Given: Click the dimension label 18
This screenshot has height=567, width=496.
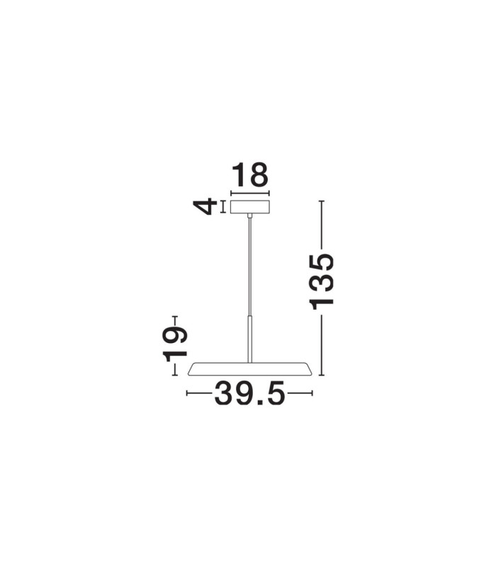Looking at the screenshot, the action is (x=250, y=175).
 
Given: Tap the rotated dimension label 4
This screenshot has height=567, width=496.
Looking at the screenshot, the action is (x=205, y=207).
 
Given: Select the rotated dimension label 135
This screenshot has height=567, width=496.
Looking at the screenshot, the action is (x=322, y=281).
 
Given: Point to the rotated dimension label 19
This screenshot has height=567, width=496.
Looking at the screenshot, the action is (x=175, y=344).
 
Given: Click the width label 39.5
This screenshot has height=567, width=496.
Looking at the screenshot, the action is (x=250, y=393).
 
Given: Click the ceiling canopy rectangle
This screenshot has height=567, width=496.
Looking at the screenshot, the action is (x=250, y=207).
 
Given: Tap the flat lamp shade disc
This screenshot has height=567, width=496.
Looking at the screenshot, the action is (x=250, y=369).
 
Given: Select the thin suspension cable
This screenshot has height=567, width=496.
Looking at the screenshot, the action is (x=250, y=266).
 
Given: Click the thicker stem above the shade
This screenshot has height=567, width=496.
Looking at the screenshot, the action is (x=250, y=339).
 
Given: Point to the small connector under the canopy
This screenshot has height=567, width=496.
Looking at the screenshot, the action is (x=250, y=215).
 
